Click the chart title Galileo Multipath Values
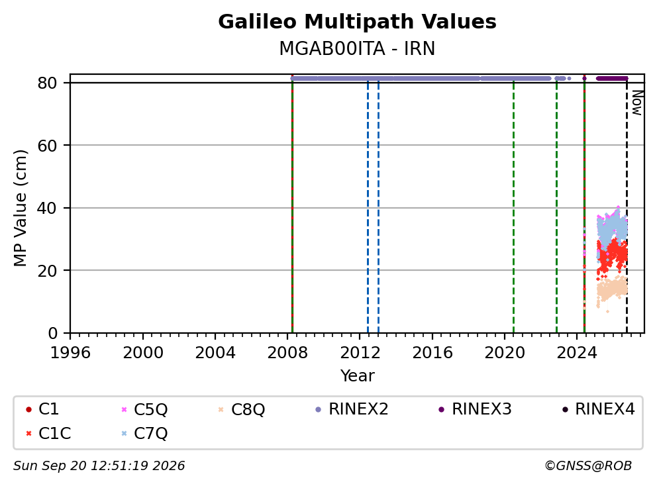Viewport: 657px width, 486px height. pos(357,22)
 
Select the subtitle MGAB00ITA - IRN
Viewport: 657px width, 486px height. pos(357,48)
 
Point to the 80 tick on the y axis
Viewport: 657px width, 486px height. pos(47,83)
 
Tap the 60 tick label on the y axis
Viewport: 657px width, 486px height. pos(47,146)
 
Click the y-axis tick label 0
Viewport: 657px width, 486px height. pos(52,333)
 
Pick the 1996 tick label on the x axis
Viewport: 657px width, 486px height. pos(70,353)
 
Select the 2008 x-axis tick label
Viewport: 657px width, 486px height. pos(287,353)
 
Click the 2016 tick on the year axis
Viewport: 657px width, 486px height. pos(432,353)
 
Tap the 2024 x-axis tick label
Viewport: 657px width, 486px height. pos(577,353)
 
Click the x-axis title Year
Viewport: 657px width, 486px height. pos(357,376)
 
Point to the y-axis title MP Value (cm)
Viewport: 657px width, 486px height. pos(20,208)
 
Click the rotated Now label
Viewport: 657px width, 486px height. pos(637,103)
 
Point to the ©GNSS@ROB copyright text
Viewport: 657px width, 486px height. pos(588,465)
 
